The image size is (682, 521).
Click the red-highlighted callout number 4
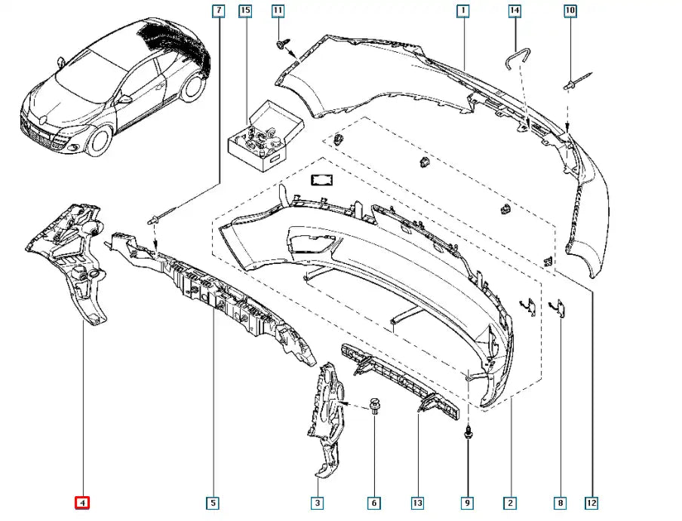82,502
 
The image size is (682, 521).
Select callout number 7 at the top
219,11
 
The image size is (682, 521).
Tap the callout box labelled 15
244,11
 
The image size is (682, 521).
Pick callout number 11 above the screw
278,11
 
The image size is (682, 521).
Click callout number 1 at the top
462,11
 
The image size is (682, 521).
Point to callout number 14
515,11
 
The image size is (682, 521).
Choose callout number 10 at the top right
569,11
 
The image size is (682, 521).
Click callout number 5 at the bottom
214,502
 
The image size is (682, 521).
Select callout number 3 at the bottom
318,502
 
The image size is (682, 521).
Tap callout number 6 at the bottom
373,502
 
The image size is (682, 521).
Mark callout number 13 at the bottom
417,502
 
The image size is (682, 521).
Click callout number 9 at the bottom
468,502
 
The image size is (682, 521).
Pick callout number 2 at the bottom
511,502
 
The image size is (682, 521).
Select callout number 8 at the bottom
561,502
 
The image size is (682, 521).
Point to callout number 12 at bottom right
594,502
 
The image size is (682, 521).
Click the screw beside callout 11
283,46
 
